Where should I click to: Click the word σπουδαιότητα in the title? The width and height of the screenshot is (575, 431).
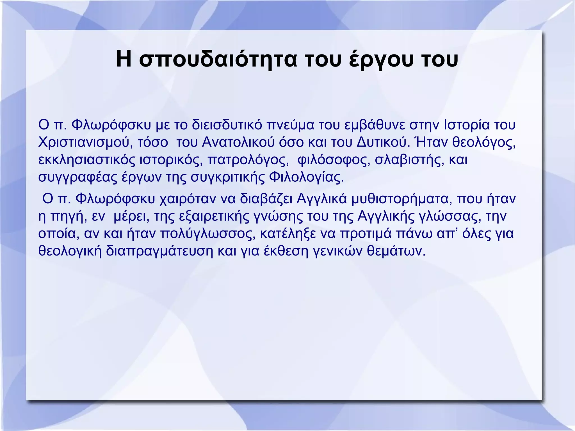[x=218, y=60]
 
